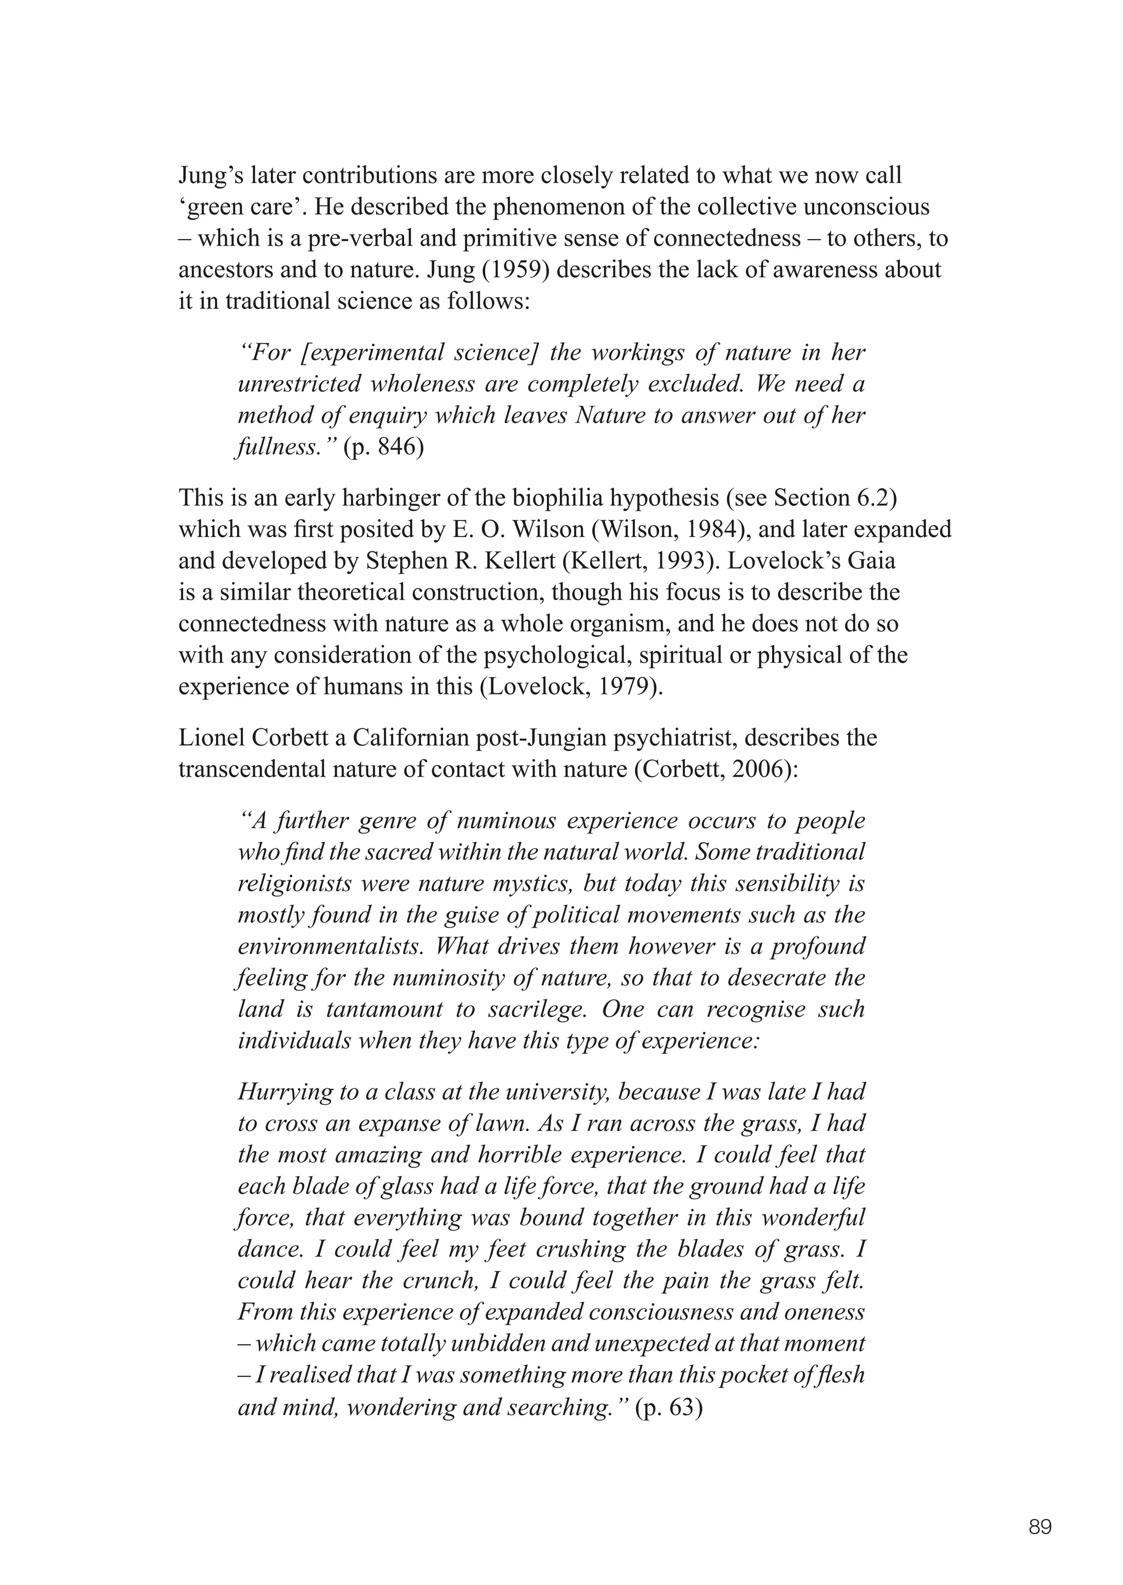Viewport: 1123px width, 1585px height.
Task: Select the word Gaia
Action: [871, 561]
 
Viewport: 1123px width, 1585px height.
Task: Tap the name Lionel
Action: [208, 738]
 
